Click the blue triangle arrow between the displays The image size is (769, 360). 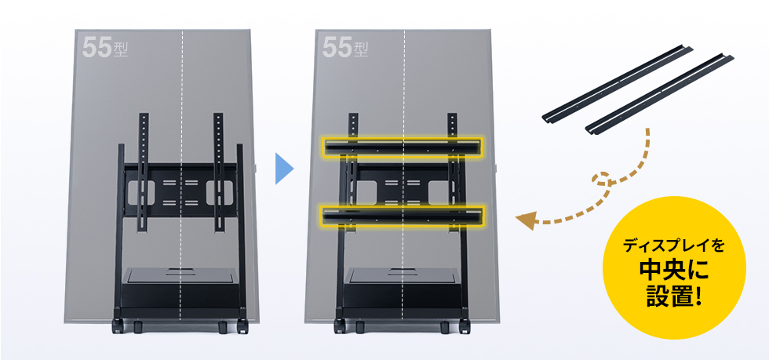point(283,169)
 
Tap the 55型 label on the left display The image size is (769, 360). point(104,48)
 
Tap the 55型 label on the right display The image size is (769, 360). point(344,48)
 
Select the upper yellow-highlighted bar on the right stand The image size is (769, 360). point(402,146)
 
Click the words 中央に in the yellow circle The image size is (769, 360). point(674,269)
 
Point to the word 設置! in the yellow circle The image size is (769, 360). point(674,296)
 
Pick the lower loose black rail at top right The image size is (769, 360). point(660,94)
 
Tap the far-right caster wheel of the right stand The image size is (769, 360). point(465,326)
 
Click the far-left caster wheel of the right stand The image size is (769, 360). point(339,326)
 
